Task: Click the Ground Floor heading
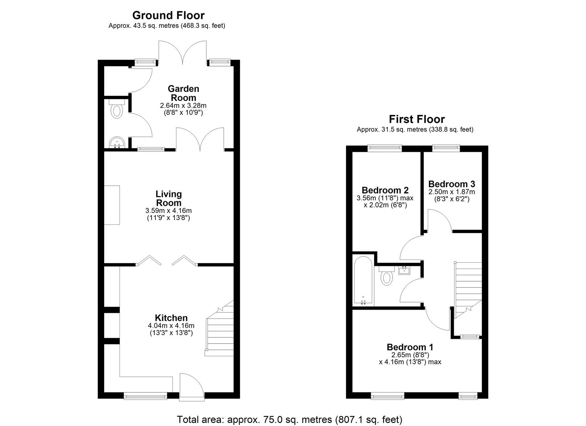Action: pos(168,16)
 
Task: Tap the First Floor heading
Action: pos(417,120)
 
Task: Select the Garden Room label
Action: pos(183,93)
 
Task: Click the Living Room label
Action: pos(168,198)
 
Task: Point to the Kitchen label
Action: pos(171,318)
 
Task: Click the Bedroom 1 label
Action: pos(410,347)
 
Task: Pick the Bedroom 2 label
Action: pos(385,190)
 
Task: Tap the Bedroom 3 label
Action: pos(452,184)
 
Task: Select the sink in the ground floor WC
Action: pos(117,142)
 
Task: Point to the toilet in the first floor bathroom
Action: pos(387,276)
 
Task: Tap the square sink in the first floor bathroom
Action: pos(404,270)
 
